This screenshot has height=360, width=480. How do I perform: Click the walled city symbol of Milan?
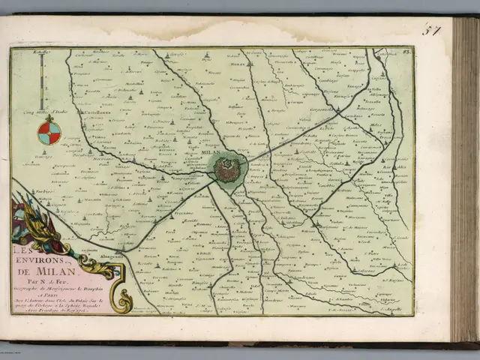(226, 169)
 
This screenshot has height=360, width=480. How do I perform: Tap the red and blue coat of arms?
(49, 132)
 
